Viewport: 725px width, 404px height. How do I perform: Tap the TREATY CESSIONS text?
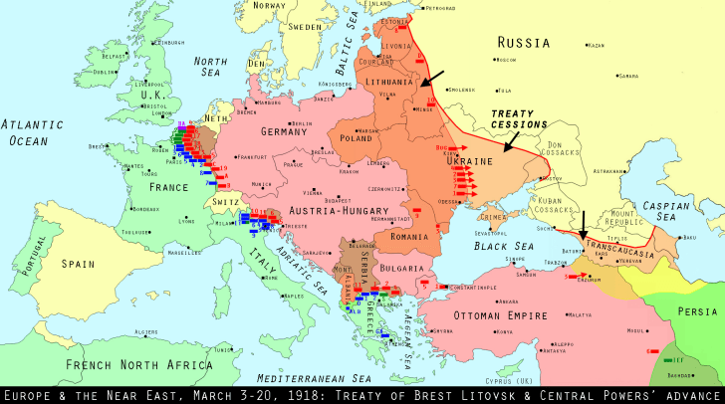pyautogui.click(x=520, y=118)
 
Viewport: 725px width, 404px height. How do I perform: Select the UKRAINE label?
pyautogui.click(x=471, y=161)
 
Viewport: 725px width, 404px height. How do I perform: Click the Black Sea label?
pyautogui.click(x=502, y=246)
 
